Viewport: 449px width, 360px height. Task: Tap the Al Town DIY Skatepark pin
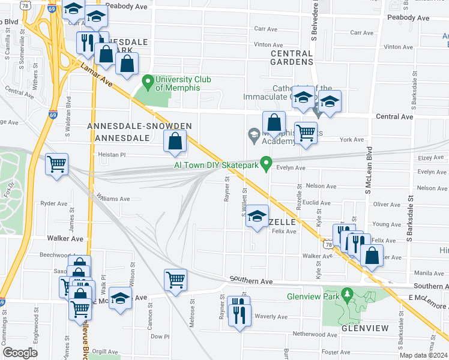pyautogui.click(x=268, y=163)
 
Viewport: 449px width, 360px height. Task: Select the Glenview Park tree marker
pyautogui.click(x=346, y=294)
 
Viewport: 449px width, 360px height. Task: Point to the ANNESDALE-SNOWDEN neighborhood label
pyautogui.click(x=139, y=126)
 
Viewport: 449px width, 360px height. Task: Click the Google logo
pyautogui.click(x=20, y=353)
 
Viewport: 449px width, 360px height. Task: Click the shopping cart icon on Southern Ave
pyautogui.click(x=175, y=279)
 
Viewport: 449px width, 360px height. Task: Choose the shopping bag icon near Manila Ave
pyautogui.click(x=372, y=255)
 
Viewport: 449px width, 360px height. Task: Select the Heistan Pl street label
pyautogui.click(x=112, y=155)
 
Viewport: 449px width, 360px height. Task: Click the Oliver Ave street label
pyautogui.click(x=386, y=204)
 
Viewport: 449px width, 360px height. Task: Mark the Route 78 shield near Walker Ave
pyautogui.click(x=327, y=245)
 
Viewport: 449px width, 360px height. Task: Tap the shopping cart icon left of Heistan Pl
pyautogui.click(x=56, y=163)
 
